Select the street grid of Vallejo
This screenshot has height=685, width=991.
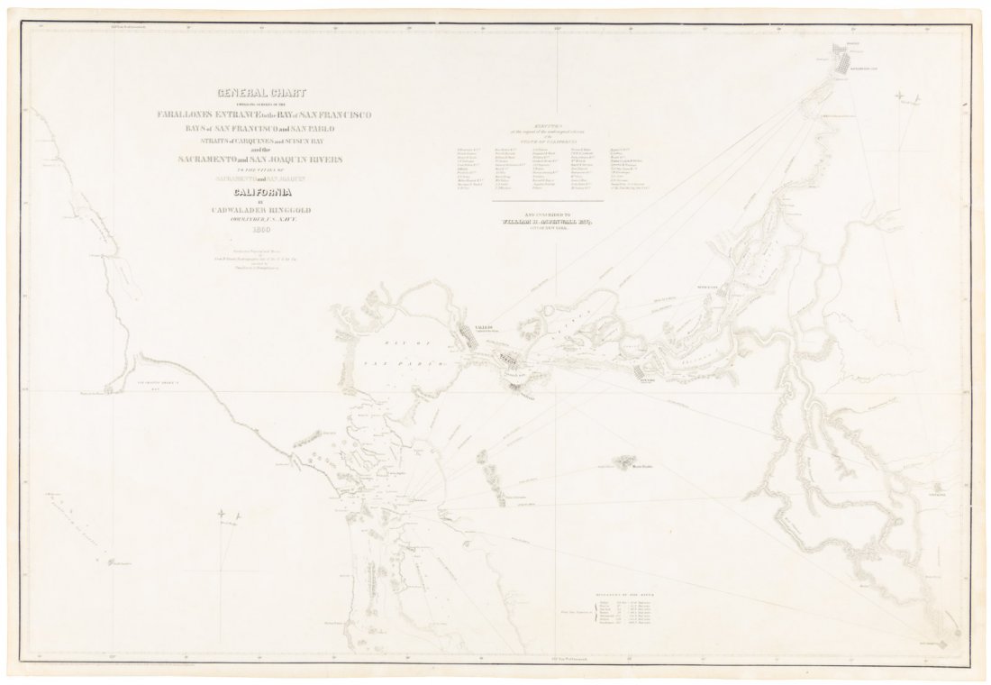[x=472, y=340]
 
